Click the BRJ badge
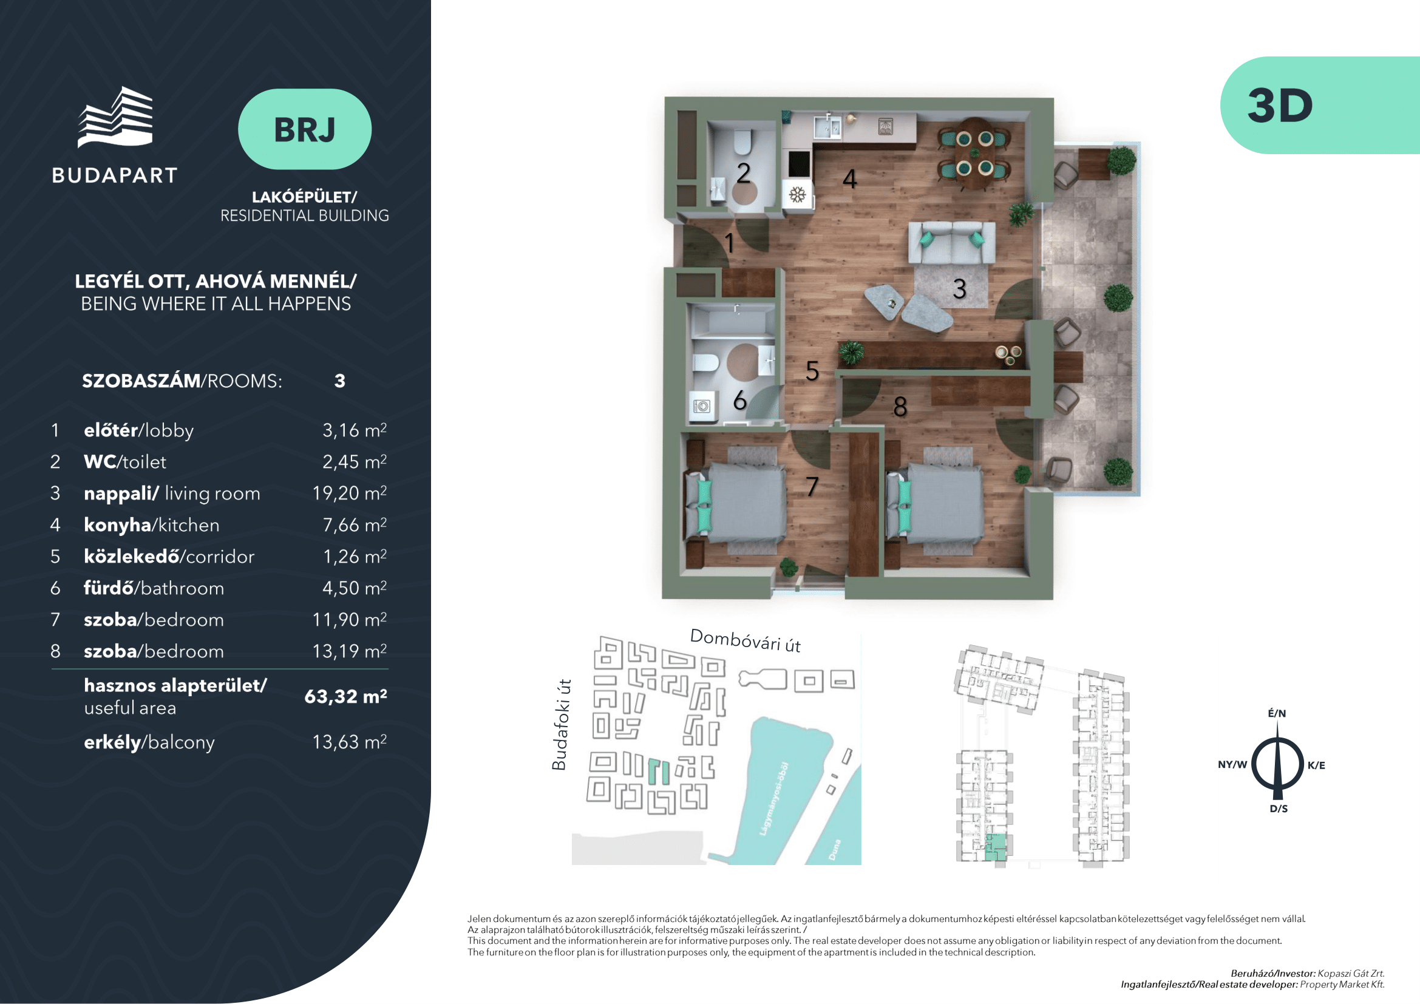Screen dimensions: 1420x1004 click(x=304, y=129)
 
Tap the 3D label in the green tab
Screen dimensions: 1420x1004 click(x=1280, y=106)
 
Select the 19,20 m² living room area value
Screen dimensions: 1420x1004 click(x=350, y=493)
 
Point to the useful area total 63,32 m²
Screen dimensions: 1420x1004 click(x=345, y=696)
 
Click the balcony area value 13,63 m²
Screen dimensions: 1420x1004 click(x=350, y=741)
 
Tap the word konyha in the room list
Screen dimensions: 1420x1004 click(x=118, y=525)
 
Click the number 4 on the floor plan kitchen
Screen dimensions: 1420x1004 click(x=850, y=179)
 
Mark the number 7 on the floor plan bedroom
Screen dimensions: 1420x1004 click(x=812, y=487)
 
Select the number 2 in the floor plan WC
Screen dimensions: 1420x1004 click(x=744, y=173)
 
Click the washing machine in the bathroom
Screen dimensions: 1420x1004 click(x=701, y=407)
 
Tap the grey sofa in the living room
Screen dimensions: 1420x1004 click(x=951, y=242)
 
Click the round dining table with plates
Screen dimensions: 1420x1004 click(x=975, y=154)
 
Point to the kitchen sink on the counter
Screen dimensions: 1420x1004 click(x=827, y=127)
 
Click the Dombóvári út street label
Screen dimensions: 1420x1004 click(x=746, y=640)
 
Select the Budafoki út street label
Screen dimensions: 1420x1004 click(x=560, y=725)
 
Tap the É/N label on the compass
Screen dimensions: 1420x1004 click(x=1277, y=713)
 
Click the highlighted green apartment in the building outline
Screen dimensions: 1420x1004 click(x=995, y=847)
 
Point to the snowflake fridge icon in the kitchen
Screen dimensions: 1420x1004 click(x=797, y=195)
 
